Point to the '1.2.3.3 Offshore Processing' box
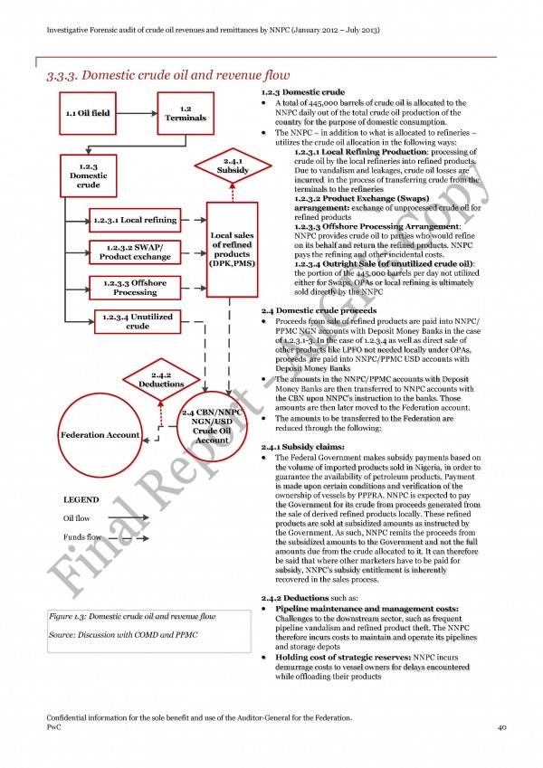(135, 288)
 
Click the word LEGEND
(81, 499)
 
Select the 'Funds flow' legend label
(81, 537)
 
